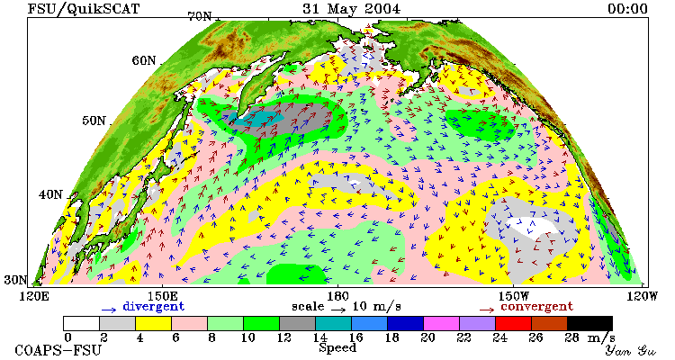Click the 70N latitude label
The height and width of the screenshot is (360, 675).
pyautogui.click(x=200, y=17)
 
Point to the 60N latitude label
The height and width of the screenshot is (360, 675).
pyautogui.click(x=144, y=60)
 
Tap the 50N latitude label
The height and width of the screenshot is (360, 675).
pyautogui.click(x=94, y=121)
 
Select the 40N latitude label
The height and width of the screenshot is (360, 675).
pyautogui.click(x=50, y=194)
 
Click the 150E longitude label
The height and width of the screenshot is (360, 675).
pyautogui.click(x=162, y=296)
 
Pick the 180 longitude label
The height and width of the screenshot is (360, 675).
pyautogui.click(x=337, y=296)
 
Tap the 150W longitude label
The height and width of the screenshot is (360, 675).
pyautogui.click(x=514, y=296)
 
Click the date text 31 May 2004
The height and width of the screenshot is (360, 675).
pyautogui.click(x=351, y=9)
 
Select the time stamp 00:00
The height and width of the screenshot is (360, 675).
pyautogui.click(x=627, y=9)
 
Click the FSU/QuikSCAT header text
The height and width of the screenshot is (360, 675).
pyautogui.click(x=84, y=9)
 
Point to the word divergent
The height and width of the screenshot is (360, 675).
pyautogui.click(x=154, y=307)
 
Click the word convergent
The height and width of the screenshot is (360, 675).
pyautogui.click(x=536, y=307)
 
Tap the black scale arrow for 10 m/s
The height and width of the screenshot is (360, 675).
pyautogui.click(x=338, y=309)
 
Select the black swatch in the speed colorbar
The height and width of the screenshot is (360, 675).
pyautogui.click(x=589, y=323)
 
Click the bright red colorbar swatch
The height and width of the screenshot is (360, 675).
pyautogui.click(x=513, y=323)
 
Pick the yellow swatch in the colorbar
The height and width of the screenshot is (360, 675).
pyautogui.click(x=153, y=323)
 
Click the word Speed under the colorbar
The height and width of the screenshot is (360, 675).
pyautogui.click(x=337, y=348)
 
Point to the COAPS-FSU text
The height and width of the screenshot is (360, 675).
pyautogui.click(x=58, y=350)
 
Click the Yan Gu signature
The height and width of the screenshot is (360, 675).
pyautogui.click(x=631, y=350)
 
